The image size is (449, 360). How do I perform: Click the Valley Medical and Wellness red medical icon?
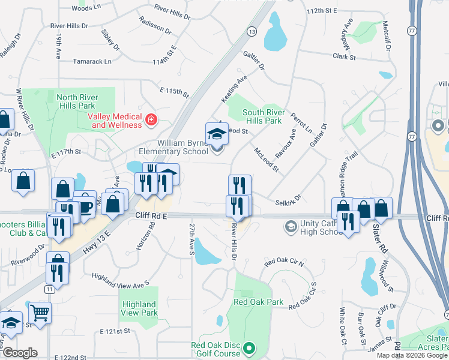pyautogui.click(x=151, y=120)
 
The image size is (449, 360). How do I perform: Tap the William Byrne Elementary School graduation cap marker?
pyautogui.click(x=217, y=133)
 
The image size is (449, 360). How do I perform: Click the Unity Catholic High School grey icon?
pyautogui.click(x=291, y=227)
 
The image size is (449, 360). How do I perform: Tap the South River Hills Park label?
pyautogui.click(x=262, y=116)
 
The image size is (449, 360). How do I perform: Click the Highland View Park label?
pyautogui.click(x=139, y=308)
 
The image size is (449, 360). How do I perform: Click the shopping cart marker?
pyautogui.click(x=40, y=313)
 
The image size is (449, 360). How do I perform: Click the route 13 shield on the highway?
pyautogui.click(x=251, y=31)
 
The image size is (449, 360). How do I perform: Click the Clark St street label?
pyautogui.click(x=345, y=56)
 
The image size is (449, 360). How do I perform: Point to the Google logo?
pyautogui.click(x=20, y=353)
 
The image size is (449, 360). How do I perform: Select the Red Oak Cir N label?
pyautogui.click(x=284, y=262)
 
